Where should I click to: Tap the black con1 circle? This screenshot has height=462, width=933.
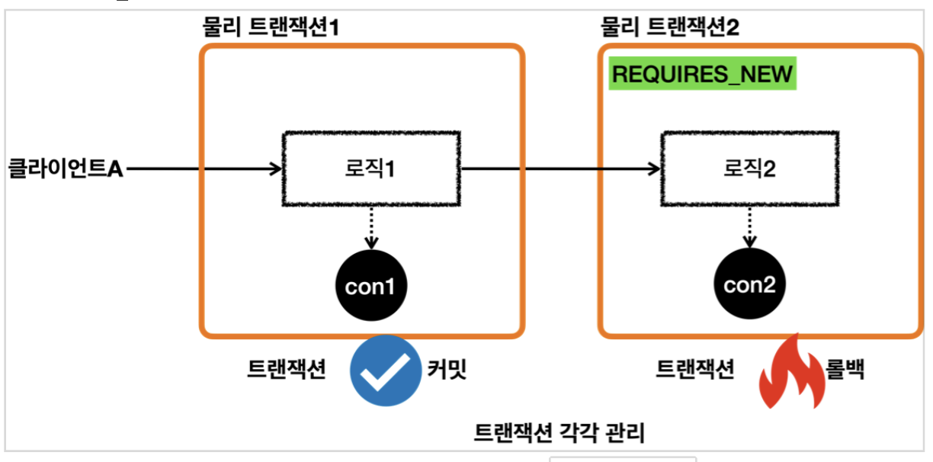[x=371, y=287]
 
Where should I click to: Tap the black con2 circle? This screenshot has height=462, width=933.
[x=749, y=286]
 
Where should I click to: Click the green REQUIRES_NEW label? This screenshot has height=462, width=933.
[x=703, y=75]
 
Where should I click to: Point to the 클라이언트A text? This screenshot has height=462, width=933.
[x=65, y=168]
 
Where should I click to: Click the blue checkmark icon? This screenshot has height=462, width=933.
[x=385, y=371]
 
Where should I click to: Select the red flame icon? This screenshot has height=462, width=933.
[x=791, y=372]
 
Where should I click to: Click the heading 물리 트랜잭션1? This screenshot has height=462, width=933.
[x=270, y=28]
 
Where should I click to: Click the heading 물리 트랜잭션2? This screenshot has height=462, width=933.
[x=670, y=28]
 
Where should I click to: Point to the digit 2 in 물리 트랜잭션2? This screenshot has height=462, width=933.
[x=733, y=28]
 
